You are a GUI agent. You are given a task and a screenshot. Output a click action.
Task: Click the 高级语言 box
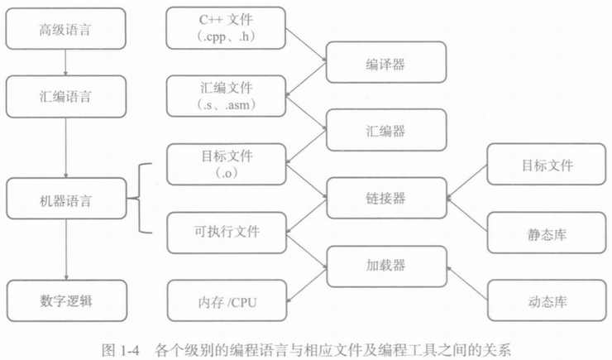tap(67, 31)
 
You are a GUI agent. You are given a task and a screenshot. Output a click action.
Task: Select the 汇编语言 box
tap(67, 97)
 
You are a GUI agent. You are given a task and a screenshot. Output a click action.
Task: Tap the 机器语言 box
tap(67, 201)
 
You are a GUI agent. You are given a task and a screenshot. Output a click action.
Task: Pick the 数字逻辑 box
tap(67, 299)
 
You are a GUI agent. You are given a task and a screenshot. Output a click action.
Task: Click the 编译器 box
tap(385, 63)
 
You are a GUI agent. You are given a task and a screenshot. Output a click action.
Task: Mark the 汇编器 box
tap(385, 131)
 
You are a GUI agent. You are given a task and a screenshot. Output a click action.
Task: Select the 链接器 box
tap(385, 199)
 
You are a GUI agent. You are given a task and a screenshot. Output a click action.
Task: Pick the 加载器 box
tap(385, 266)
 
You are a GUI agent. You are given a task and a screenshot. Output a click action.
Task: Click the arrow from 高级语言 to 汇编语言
tap(67, 65)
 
